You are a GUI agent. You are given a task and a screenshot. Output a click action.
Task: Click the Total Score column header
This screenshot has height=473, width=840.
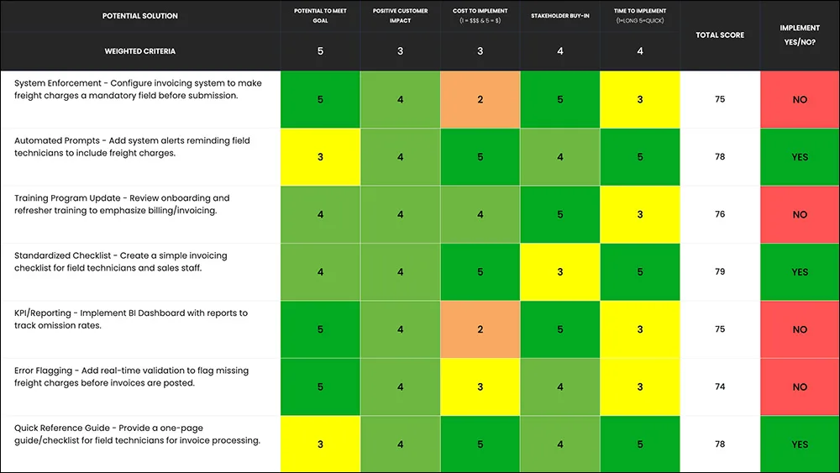click(720, 34)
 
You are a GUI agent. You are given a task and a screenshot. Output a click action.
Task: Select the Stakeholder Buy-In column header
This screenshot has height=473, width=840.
click(559, 15)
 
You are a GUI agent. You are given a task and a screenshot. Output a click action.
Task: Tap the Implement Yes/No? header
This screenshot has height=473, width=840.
click(800, 34)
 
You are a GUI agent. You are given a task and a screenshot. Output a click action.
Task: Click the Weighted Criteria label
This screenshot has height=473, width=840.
click(139, 51)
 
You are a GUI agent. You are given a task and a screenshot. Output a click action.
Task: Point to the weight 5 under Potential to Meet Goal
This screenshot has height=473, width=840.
click(320, 51)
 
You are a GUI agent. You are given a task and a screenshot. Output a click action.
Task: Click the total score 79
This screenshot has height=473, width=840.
click(720, 271)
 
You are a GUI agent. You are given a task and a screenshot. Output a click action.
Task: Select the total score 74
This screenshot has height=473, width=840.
click(720, 386)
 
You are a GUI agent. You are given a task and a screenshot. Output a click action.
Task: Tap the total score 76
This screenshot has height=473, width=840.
click(720, 214)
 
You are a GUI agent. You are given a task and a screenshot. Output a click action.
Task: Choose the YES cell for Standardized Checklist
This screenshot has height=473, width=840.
click(800, 271)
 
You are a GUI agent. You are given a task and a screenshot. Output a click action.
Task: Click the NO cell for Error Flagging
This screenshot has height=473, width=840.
click(800, 386)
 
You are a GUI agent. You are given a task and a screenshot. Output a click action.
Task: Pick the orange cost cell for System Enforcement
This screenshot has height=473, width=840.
click(480, 99)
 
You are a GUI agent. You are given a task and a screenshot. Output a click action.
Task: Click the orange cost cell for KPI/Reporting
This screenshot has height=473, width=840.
click(480, 328)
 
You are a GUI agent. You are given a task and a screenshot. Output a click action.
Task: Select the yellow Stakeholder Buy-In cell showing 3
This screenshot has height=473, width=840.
click(559, 271)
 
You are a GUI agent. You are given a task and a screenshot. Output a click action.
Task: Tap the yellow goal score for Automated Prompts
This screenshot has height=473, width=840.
click(320, 156)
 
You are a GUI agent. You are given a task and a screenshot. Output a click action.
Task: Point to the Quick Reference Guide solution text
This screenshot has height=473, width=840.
click(137, 434)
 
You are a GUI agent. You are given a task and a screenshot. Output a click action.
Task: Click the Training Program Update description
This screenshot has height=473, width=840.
click(122, 204)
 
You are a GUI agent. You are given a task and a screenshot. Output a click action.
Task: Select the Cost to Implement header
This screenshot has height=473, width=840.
click(480, 15)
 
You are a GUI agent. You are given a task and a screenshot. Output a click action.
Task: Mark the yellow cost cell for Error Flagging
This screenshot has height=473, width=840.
click(480, 386)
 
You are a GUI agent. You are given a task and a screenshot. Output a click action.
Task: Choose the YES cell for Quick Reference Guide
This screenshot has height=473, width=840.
click(800, 444)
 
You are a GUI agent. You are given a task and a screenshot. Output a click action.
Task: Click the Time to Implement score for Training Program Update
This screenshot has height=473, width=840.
click(639, 214)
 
